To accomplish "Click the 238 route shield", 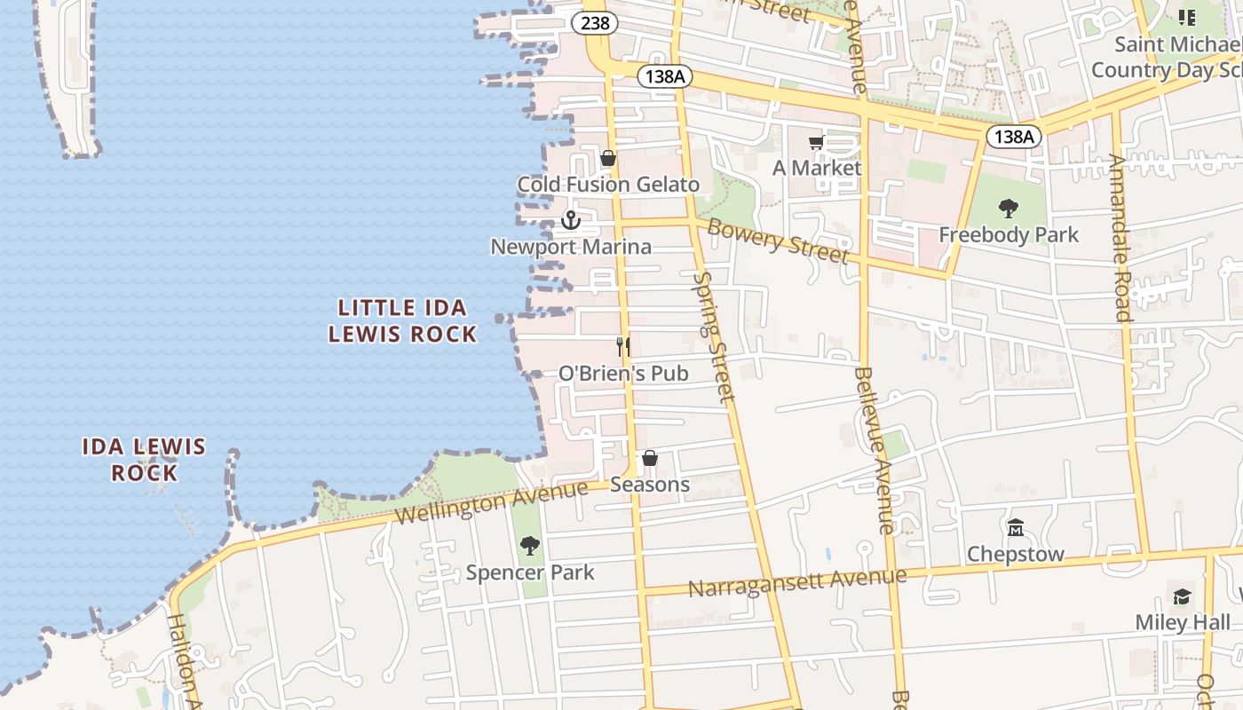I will point(595,23).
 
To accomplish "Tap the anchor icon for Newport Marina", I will point(571,219).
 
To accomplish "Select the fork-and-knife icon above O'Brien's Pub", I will point(623,346).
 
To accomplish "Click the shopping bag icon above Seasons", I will point(650,458).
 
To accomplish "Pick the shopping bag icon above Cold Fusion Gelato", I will point(608,159).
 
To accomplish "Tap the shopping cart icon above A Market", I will point(816,142).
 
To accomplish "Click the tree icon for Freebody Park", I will point(1008,209).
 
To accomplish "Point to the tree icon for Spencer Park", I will point(530,545).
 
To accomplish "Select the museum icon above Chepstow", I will point(1016,527).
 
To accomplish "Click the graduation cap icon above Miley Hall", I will point(1182,596).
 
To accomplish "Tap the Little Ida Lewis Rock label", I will point(402,320).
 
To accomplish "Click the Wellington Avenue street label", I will point(491,502).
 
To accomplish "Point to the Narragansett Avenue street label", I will point(796,582).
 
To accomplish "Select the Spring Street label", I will point(714,337).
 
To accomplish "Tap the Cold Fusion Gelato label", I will point(608,185).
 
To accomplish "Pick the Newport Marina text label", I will point(571,247).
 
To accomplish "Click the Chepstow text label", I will point(1016,554).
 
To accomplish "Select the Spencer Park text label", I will point(530,572).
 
